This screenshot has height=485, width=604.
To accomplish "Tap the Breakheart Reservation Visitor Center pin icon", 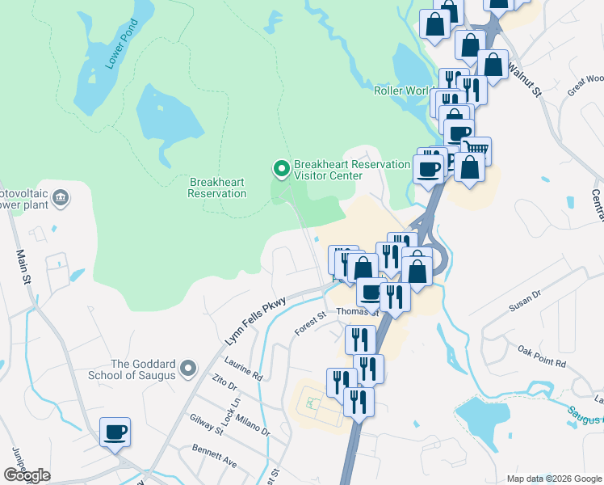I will pos(281,169).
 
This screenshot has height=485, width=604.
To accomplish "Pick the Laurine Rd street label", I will pos(245,371).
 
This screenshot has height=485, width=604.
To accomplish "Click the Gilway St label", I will pos(207,422).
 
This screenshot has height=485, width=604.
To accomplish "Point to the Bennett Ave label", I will pos(214,456).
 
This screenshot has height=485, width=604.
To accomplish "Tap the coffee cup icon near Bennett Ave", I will pos(115,432).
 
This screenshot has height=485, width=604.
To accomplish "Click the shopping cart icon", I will pos(476,150).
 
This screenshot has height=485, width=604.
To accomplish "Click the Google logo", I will pos(27,475).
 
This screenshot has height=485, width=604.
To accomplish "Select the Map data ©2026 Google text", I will pos(553,479).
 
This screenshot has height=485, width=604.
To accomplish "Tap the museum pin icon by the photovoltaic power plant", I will pos(61,198).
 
